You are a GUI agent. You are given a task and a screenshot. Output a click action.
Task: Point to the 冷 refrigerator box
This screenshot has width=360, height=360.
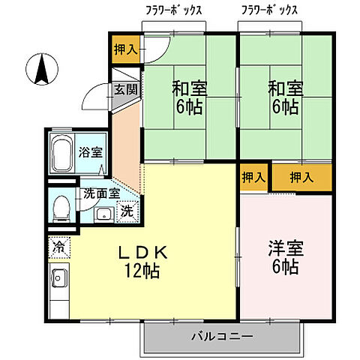[58, 245]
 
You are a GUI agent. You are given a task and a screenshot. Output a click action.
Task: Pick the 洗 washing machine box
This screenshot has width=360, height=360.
[127, 211]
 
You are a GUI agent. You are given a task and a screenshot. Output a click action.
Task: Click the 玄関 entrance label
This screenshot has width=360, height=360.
[125, 89]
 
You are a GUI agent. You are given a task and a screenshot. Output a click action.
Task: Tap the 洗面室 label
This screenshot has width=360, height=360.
[101, 193]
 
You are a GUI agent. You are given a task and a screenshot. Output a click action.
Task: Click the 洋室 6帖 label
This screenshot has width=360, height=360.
[283, 256]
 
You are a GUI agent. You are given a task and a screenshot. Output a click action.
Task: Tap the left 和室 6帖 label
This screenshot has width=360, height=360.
[189, 96]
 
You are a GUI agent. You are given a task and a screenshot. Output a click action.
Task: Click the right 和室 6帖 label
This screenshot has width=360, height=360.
[283, 96]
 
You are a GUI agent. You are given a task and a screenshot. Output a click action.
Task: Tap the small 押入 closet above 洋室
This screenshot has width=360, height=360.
[253, 178]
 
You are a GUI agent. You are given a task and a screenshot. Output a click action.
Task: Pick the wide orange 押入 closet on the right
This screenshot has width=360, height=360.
[301, 178]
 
